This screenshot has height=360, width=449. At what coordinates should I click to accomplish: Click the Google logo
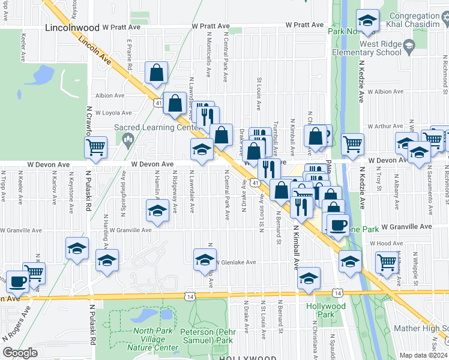click(x=20, y=353)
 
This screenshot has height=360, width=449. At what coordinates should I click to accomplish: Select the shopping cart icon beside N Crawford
click(x=96, y=146)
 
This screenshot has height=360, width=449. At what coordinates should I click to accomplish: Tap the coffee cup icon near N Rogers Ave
click(x=17, y=280)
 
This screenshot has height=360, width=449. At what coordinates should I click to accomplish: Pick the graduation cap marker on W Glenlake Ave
click(x=204, y=259)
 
